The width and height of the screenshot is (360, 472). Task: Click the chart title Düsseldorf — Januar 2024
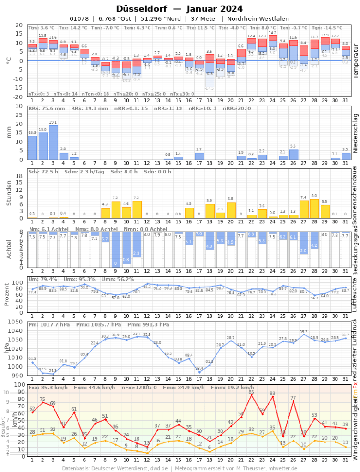point(180,9)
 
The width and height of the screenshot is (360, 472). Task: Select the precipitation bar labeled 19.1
point(53,143)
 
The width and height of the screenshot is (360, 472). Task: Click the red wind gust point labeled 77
point(293,401)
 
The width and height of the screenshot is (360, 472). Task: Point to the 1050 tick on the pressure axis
point(18,322)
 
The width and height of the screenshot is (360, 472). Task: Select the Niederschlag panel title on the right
point(355,133)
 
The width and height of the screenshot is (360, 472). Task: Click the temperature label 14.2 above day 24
point(272,33)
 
